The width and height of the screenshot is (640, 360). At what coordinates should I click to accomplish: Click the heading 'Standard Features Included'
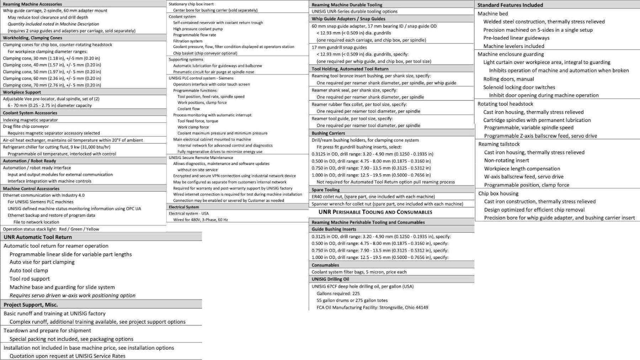tap(510, 5)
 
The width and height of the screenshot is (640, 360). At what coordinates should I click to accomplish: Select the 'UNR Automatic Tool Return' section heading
tap(38, 237)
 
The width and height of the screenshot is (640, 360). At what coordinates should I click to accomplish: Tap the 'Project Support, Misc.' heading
tap(31, 305)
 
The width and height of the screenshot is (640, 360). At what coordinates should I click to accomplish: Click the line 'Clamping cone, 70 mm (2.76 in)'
tap(52, 85)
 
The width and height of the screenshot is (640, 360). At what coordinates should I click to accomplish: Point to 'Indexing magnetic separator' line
tap(30, 120)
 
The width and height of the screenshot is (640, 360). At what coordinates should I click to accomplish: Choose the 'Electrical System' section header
tap(184, 207)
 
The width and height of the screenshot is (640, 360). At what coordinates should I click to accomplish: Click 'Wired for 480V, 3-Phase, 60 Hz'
tap(200, 219)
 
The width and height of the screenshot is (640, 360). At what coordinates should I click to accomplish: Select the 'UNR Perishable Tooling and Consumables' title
tap(375, 212)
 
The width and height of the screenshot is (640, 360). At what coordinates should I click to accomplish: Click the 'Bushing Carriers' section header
tap(328, 133)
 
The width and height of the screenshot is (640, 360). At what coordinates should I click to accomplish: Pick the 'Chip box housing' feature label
tap(498, 194)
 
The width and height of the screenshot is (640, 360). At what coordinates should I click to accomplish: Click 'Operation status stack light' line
tap(51, 229)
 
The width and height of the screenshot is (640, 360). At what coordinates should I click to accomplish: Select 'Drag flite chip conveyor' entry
tap(26, 126)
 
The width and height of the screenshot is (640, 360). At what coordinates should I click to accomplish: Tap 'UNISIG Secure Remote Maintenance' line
tap(201, 158)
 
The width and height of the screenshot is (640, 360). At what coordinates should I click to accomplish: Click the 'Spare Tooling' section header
tap(325, 190)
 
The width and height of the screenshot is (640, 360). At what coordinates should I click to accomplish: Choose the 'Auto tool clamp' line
tap(29, 270)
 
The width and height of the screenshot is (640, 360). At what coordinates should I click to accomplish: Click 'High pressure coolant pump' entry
tap(198, 29)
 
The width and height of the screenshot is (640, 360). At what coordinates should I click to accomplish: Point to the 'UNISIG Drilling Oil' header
tap(330, 279)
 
